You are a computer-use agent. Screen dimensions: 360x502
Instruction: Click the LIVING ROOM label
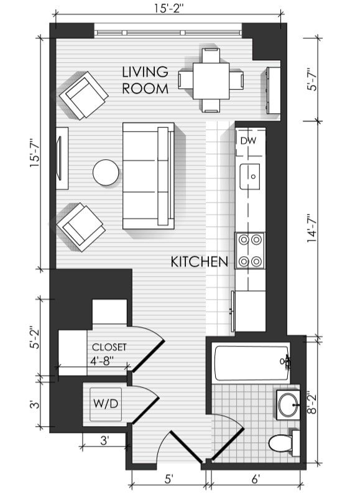tap(145, 80)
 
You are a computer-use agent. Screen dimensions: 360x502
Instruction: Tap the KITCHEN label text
tap(200, 262)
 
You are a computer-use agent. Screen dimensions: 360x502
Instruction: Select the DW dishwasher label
tap(248, 141)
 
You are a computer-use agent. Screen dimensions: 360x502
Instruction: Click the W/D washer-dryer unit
tap(106, 404)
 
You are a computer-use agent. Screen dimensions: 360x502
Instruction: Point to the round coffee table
tap(106, 172)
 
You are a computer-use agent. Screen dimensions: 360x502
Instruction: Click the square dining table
tap(211, 81)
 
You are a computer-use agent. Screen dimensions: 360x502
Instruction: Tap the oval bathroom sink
tap(288, 405)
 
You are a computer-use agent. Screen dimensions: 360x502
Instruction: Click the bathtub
tap(252, 362)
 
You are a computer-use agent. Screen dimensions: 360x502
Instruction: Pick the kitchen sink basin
tap(250, 177)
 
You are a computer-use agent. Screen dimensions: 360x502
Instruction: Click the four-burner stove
tap(250, 251)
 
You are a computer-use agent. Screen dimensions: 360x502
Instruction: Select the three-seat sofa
tap(149, 175)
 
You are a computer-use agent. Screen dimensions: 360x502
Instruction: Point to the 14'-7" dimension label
tap(312, 228)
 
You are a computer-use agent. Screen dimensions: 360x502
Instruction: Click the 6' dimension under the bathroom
tap(256, 479)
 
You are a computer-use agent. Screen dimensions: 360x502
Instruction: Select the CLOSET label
tap(109, 347)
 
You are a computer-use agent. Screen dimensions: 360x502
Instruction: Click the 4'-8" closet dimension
tap(103, 361)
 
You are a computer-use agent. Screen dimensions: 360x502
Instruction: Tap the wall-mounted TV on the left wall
tap(59, 158)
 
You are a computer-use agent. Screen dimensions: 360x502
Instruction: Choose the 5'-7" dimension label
tap(312, 80)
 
